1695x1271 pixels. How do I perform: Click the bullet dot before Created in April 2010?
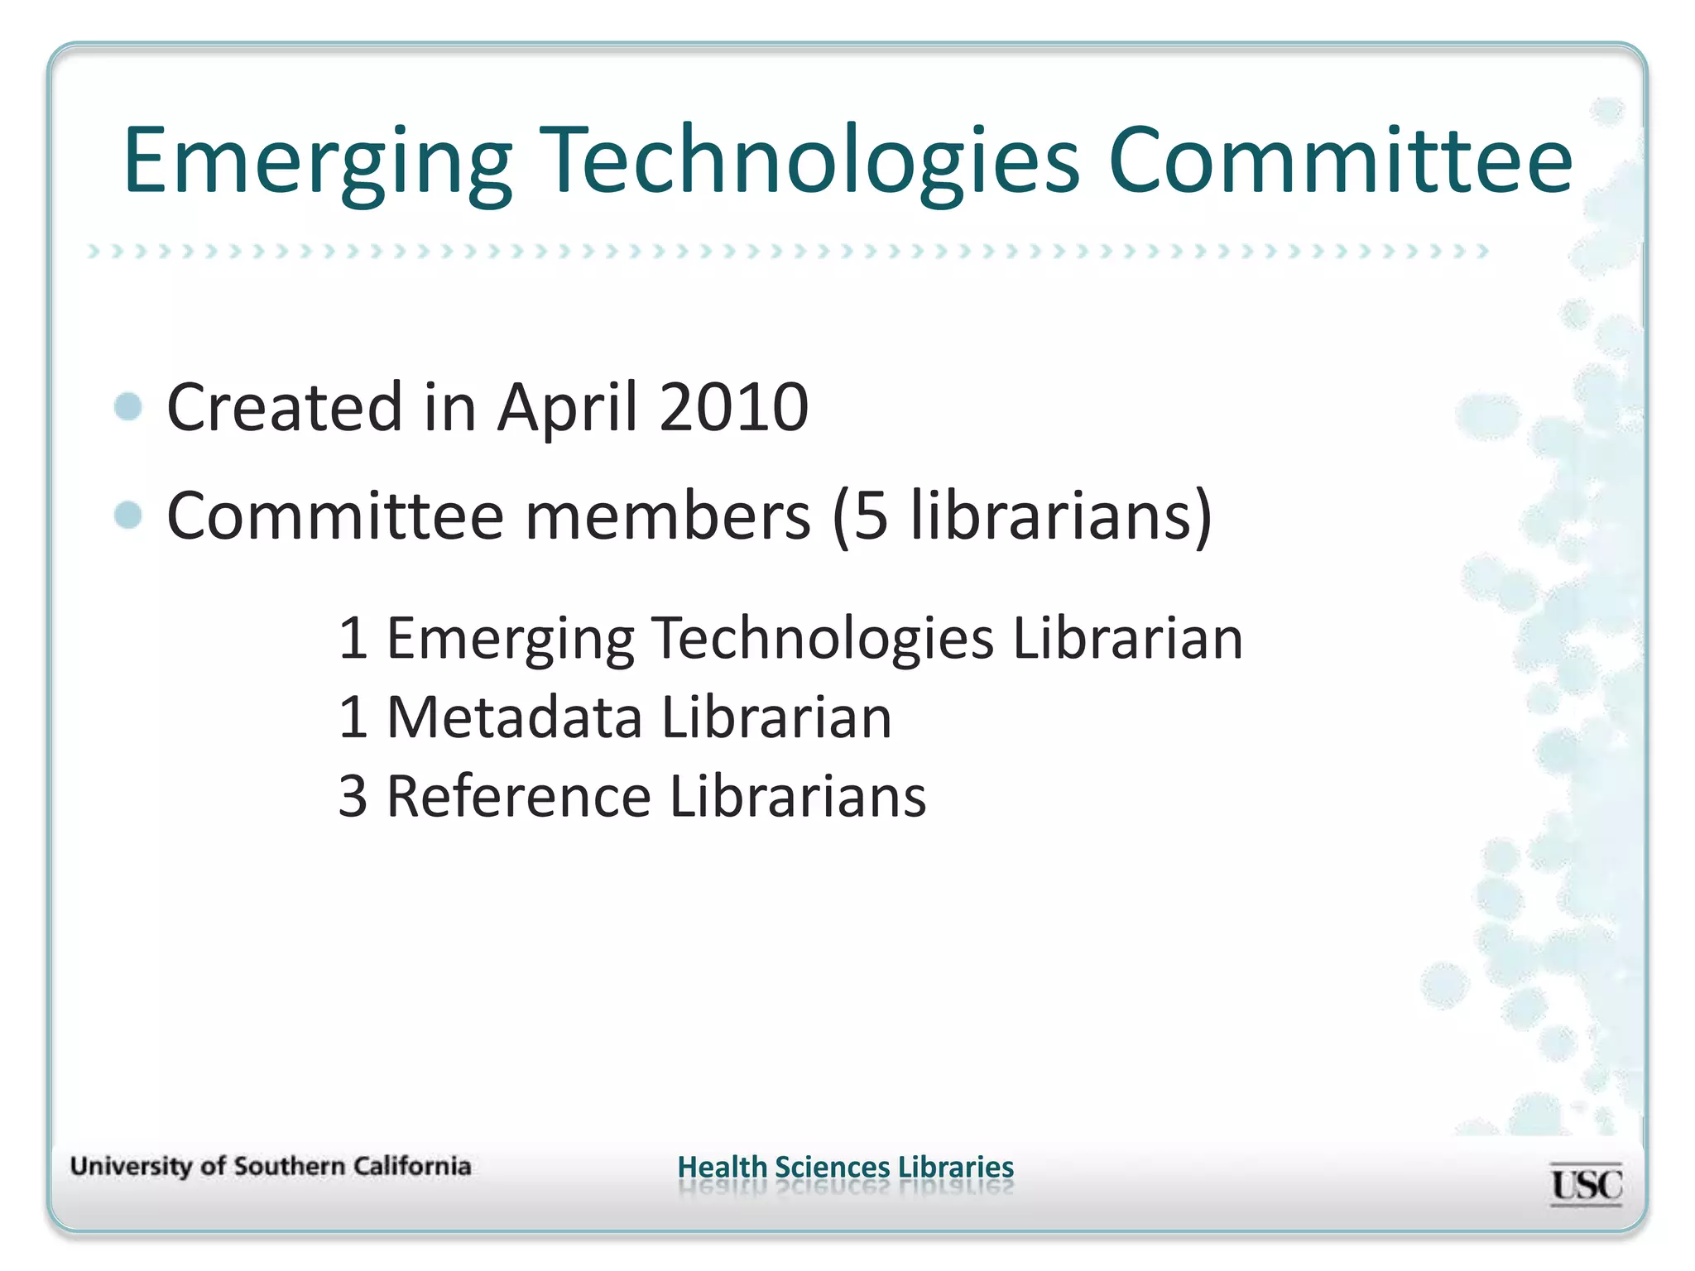(129, 406)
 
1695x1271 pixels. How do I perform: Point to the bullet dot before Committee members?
(129, 515)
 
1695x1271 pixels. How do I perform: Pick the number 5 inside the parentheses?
(870, 516)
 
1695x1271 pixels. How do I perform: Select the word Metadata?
(514, 717)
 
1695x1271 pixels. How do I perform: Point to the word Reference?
(519, 796)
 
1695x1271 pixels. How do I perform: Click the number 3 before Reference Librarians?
(353, 796)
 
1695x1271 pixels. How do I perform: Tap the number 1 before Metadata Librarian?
(353, 717)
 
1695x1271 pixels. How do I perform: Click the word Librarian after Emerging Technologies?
(1127, 638)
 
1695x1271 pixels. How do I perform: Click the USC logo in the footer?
(1586, 1184)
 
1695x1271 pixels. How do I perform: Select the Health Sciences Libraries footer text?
(845, 1167)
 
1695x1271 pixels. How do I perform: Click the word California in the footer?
(412, 1166)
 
